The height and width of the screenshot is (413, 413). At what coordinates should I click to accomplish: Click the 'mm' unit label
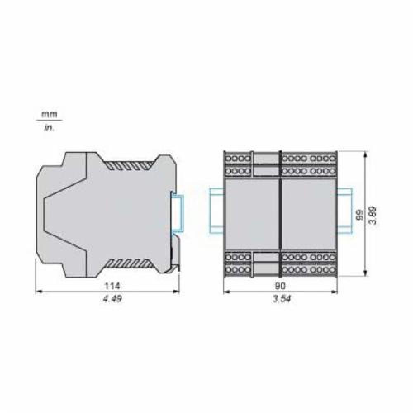pyautogui.click(x=49, y=114)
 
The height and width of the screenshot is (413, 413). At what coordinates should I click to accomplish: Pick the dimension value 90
pyautogui.click(x=280, y=285)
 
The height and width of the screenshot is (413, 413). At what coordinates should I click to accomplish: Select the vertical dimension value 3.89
pyautogui.click(x=373, y=215)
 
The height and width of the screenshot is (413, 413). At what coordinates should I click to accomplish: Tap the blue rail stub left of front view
pyautogui.click(x=216, y=211)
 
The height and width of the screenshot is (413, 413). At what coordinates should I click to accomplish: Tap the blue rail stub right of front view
pyautogui.click(x=344, y=211)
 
